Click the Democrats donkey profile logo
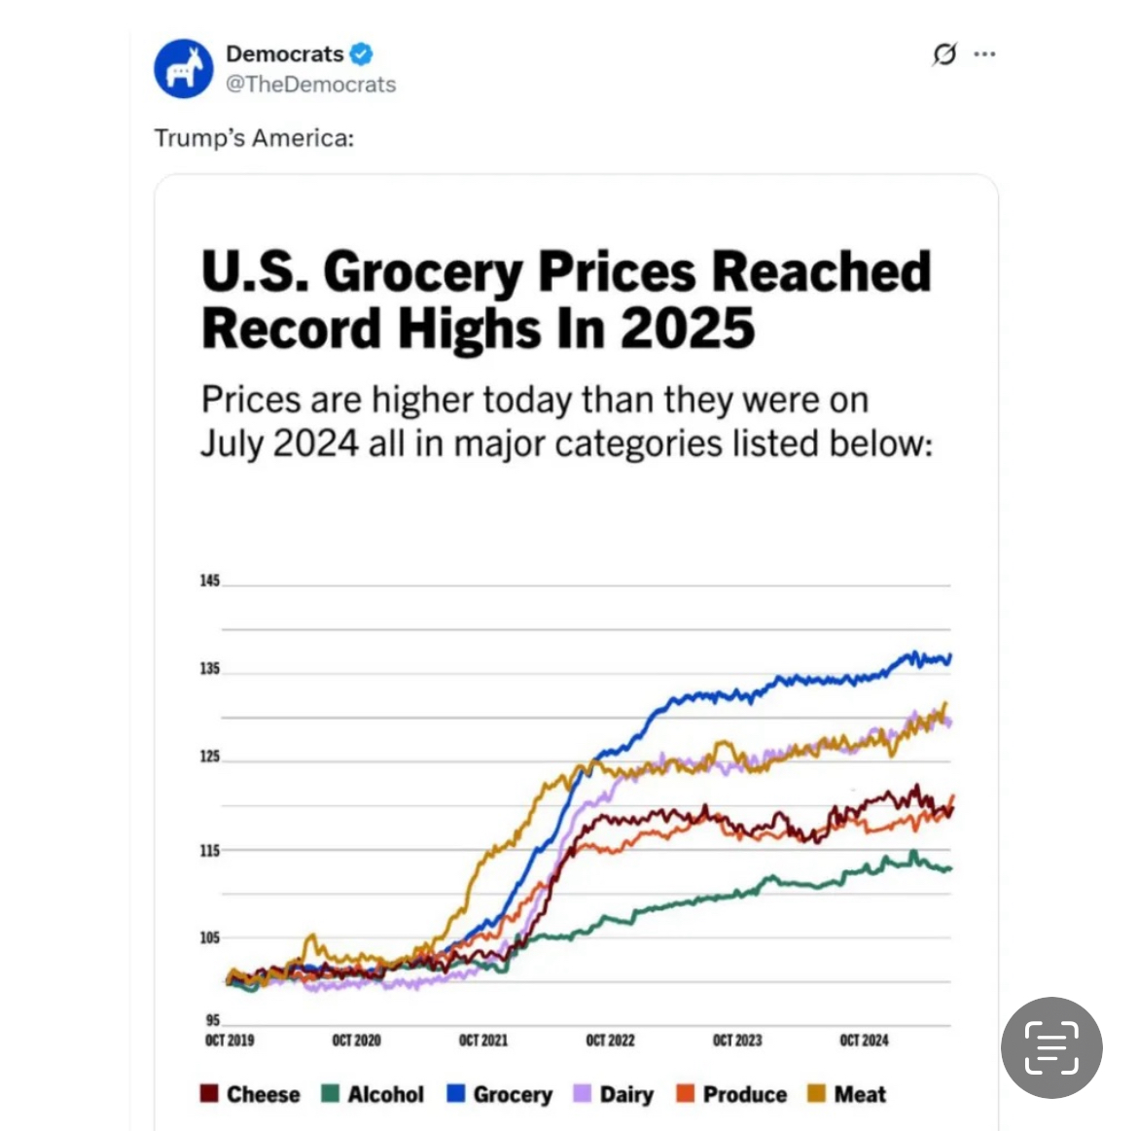(x=183, y=69)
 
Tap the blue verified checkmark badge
(x=362, y=53)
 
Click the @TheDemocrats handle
(x=310, y=85)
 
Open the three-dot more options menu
(x=984, y=53)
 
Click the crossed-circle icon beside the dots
(x=943, y=54)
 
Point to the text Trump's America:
(x=254, y=138)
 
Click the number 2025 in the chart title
(x=688, y=328)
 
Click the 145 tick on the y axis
(x=209, y=581)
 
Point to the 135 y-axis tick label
(x=209, y=669)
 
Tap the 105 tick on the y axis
(x=209, y=937)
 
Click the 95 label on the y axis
(x=212, y=1020)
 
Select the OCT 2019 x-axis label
(x=230, y=1041)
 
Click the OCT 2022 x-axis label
(x=610, y=1041)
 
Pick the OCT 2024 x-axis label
(x=864, y=1041)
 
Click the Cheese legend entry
(x=251, y=1094)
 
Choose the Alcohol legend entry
(x=373, y=1094)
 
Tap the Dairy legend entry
(x=615, y=1094)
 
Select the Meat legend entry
(x=847, y=1094)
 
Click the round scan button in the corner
(x=1051, y=1047)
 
